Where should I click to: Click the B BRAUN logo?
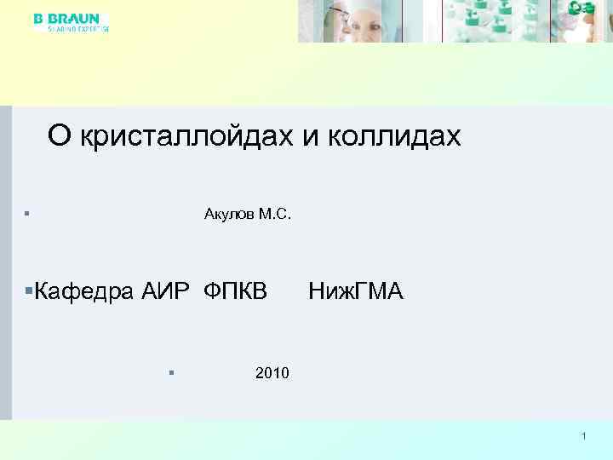[67, 18]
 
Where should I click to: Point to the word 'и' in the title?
[309, 135]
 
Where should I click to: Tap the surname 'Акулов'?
[229, 213]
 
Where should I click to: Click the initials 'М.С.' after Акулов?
[276, 213]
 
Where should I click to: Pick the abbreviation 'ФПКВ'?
[235, 292]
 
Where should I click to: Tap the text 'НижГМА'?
[356, 292]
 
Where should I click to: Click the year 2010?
[272, 373]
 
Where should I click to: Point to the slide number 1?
[584, 436]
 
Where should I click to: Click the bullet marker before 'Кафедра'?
[29, 292]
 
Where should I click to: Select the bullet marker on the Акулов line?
[28, 213]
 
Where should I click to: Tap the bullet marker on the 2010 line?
[171, 372]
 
